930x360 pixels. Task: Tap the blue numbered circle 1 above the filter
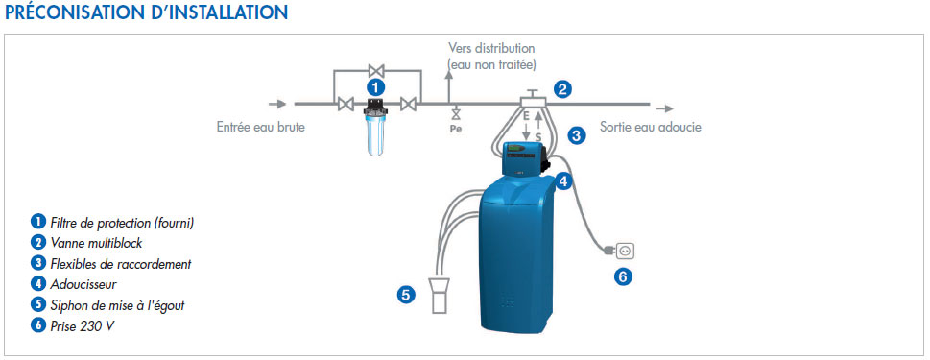click(x=375, y=87)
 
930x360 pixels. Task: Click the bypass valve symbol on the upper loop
click(x=376, y=70)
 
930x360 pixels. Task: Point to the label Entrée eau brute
click(x=261, y=127)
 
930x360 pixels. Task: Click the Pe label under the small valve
click(x=455, y=129)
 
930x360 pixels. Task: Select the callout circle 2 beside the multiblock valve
click(x=562, y=89)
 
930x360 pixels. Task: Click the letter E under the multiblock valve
click(x=526, y=118)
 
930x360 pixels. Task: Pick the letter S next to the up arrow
click(x=538, y=137)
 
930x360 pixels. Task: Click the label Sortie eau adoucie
click(x=651, y=127)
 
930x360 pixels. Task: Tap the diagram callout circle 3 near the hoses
click(x=576, y=135)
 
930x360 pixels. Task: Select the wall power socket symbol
click(x=624, y=252)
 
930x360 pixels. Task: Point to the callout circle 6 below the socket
click(x=623, y=276)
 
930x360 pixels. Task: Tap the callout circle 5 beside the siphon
click(x=406, y=295)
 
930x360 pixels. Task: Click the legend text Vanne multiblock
click(x=97, y=243)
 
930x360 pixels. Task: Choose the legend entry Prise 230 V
click(x=79, y=325)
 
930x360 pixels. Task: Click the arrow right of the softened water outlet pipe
click(x=664, y=108)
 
